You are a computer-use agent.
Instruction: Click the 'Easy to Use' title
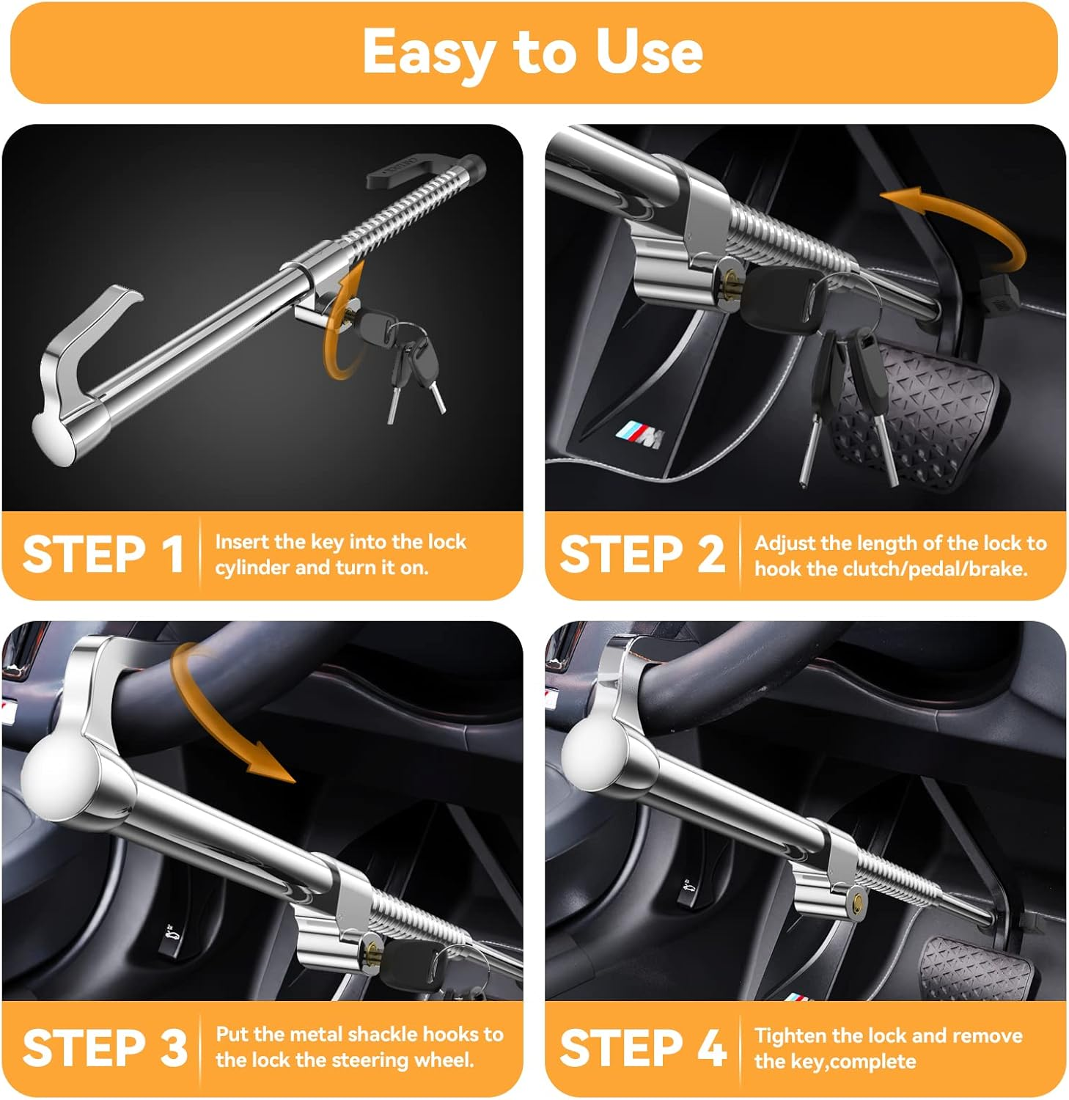(x=533, y=52)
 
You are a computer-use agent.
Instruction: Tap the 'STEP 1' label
(x=103, y=554)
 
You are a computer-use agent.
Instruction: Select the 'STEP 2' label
(x=642, y=554)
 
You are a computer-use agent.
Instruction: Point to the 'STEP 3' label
(x=105, y=1047)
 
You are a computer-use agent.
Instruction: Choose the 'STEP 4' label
(x=643, y=1047)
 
